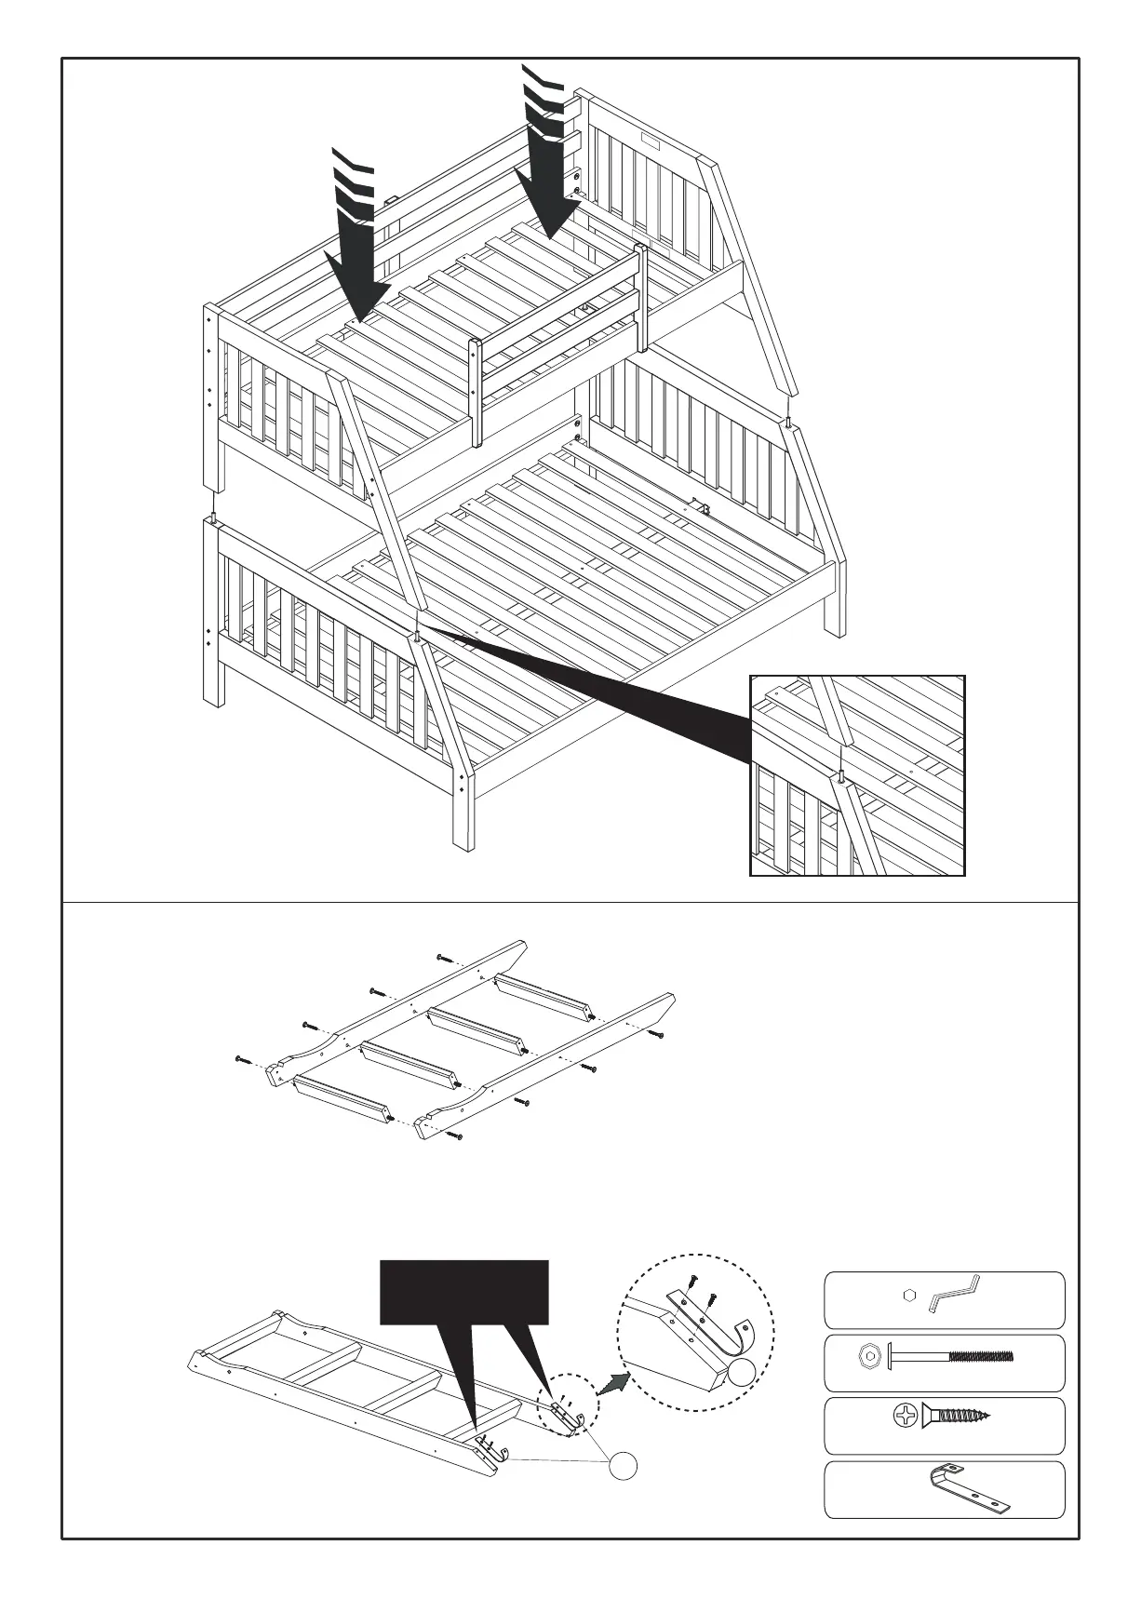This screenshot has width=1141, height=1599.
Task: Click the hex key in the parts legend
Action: click(x=954, y=1293)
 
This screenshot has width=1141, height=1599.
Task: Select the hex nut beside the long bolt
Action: click(x=869, y=1356)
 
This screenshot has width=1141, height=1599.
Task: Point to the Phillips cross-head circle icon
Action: click(x=904, y=1418)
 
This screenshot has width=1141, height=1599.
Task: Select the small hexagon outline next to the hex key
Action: click(x=909, y=1294)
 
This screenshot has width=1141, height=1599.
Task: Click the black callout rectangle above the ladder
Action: click(x=463, y=1291)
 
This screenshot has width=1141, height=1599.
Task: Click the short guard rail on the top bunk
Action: click(x=558, y=316)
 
